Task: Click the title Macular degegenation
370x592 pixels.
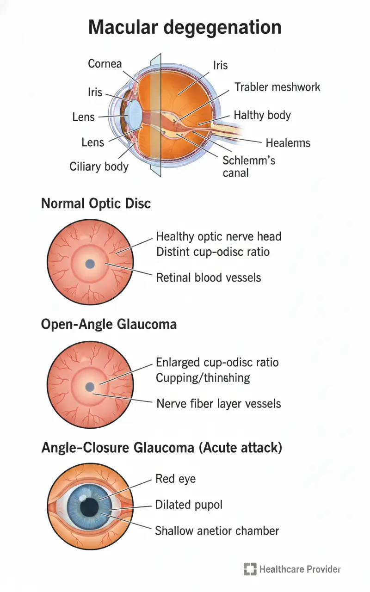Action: point(185,28)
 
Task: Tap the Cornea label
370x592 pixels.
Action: point(105,63)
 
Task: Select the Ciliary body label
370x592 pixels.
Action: point(99,166)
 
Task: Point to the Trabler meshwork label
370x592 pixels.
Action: point(277,87)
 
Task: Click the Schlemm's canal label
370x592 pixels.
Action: point(248,166)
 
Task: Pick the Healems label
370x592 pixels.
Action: point(288,142)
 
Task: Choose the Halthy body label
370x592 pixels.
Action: point(262,115)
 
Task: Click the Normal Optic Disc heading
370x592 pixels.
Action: point(96,203)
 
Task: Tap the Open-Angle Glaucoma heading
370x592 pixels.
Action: point(109,324)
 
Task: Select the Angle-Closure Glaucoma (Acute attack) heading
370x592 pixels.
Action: point(161,448)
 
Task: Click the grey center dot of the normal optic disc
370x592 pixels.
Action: point(90,264)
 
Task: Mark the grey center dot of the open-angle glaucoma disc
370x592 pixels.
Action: point(90,387)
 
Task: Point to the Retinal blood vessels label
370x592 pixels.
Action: point(209,277)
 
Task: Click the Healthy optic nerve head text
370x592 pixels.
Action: point(218,237)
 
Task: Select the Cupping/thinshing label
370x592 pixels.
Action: point(203,377)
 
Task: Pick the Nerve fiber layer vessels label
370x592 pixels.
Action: point(218,403)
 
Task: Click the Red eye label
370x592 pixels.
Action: point(176,479)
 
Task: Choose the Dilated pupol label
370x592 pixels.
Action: point(189,504)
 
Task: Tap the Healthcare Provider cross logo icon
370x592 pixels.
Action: point(250,569)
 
